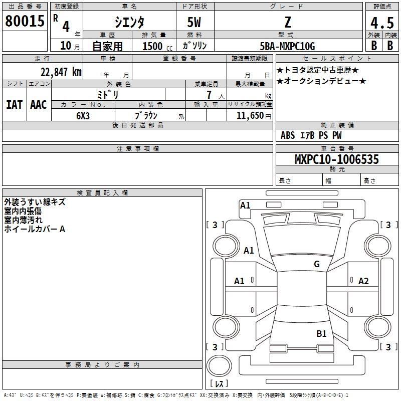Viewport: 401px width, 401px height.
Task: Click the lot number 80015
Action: click(25, 21)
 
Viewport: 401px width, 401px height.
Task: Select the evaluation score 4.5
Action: click(381, 23)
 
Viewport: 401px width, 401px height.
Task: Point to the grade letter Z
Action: click(287, 22)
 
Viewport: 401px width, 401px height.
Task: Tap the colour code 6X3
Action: click(83, 115)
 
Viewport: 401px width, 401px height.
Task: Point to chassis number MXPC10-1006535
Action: click(336, 159)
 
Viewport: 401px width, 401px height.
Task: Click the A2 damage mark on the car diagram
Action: click(363, 281)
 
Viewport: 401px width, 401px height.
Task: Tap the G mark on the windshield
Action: click(317, 264)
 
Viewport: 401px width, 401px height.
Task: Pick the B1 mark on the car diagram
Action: click(321, 333)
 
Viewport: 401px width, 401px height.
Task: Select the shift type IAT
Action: click(14, 104)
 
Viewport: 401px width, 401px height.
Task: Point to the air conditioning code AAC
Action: click(38, 104)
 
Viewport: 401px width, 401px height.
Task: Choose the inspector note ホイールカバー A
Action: click(35, 229)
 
